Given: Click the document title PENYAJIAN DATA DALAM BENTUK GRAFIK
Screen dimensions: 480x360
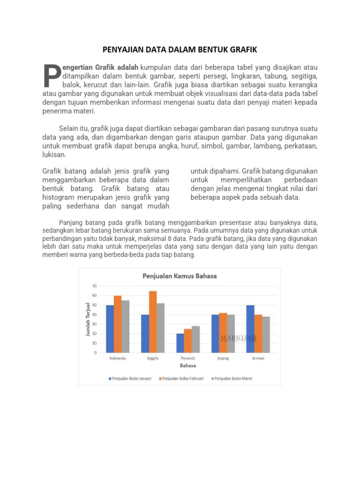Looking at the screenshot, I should click(180, 49).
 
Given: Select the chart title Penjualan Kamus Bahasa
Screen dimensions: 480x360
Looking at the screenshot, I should click(180, 276).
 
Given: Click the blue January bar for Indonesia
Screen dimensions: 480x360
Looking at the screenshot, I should click(110, 329).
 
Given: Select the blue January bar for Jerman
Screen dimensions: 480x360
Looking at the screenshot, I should click(250, 329).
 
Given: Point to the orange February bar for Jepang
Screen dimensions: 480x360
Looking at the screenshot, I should click(223, 332).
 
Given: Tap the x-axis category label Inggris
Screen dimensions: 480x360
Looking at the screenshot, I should click(152, 358).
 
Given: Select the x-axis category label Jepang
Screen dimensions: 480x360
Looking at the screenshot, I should click(223, 358).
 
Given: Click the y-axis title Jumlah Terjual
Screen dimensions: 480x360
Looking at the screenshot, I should click(88, 319).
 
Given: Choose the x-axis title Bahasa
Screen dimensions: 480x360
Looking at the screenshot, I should click(187, 366).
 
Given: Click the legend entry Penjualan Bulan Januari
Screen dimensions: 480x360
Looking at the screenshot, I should click(132, 378).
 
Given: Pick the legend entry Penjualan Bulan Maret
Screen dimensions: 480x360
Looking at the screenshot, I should click(233, 378).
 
